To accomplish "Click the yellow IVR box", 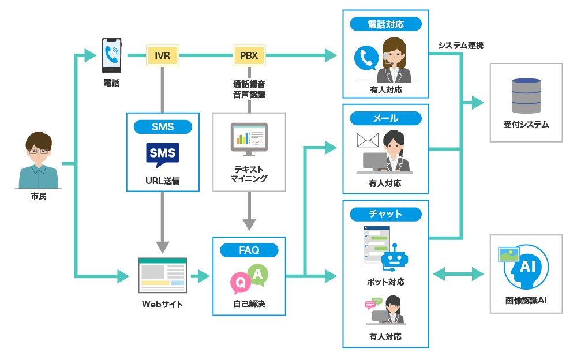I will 162,55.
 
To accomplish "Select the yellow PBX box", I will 249,55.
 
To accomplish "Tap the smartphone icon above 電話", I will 111,55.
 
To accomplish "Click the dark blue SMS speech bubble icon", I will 162,154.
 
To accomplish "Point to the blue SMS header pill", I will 162,127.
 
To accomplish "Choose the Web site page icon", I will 162,275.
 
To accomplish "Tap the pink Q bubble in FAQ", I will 239,283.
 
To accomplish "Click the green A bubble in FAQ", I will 257,275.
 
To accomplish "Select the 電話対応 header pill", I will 385,24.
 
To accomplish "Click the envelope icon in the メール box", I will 368,140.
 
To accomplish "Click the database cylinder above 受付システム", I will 526,96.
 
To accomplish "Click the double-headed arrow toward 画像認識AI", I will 459,274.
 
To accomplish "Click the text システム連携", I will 460,45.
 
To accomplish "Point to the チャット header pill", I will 385,214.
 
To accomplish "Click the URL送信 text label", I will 162,181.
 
